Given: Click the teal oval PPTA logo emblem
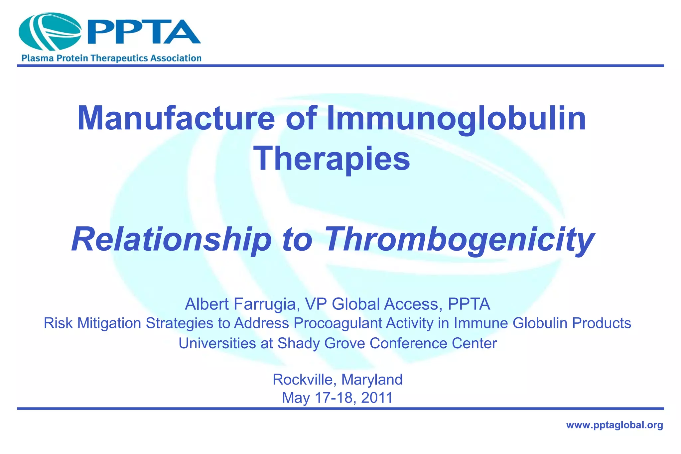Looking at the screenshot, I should coord(50,32).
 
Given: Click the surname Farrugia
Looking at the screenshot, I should coord(264,304).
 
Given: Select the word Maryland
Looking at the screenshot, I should coord(372,379).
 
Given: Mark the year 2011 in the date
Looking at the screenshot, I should coord(376,397).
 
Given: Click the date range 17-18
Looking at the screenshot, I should coord(334,397).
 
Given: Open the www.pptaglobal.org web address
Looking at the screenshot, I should coord(614,425).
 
